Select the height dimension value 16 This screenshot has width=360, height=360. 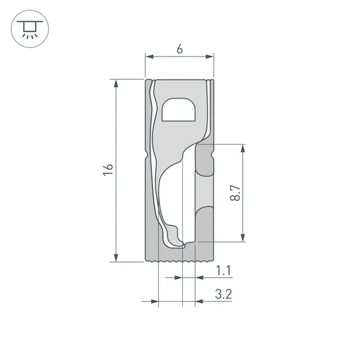click(108, 170)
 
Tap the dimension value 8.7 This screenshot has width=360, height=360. click(234, 193)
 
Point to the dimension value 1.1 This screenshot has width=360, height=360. click(224, 269)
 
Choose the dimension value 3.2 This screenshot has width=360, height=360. click(224, 294)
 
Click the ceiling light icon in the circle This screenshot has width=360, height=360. click(27, 29)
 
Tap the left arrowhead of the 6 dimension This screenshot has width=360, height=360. click(147, 57)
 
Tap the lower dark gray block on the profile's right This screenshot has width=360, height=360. click(205, 224)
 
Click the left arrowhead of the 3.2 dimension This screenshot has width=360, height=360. click(155, 302)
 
